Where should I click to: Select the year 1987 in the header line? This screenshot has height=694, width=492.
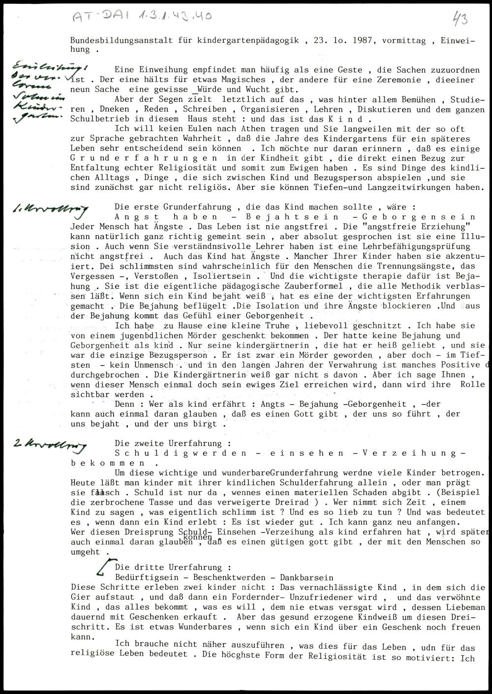(x=364, y=41)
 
